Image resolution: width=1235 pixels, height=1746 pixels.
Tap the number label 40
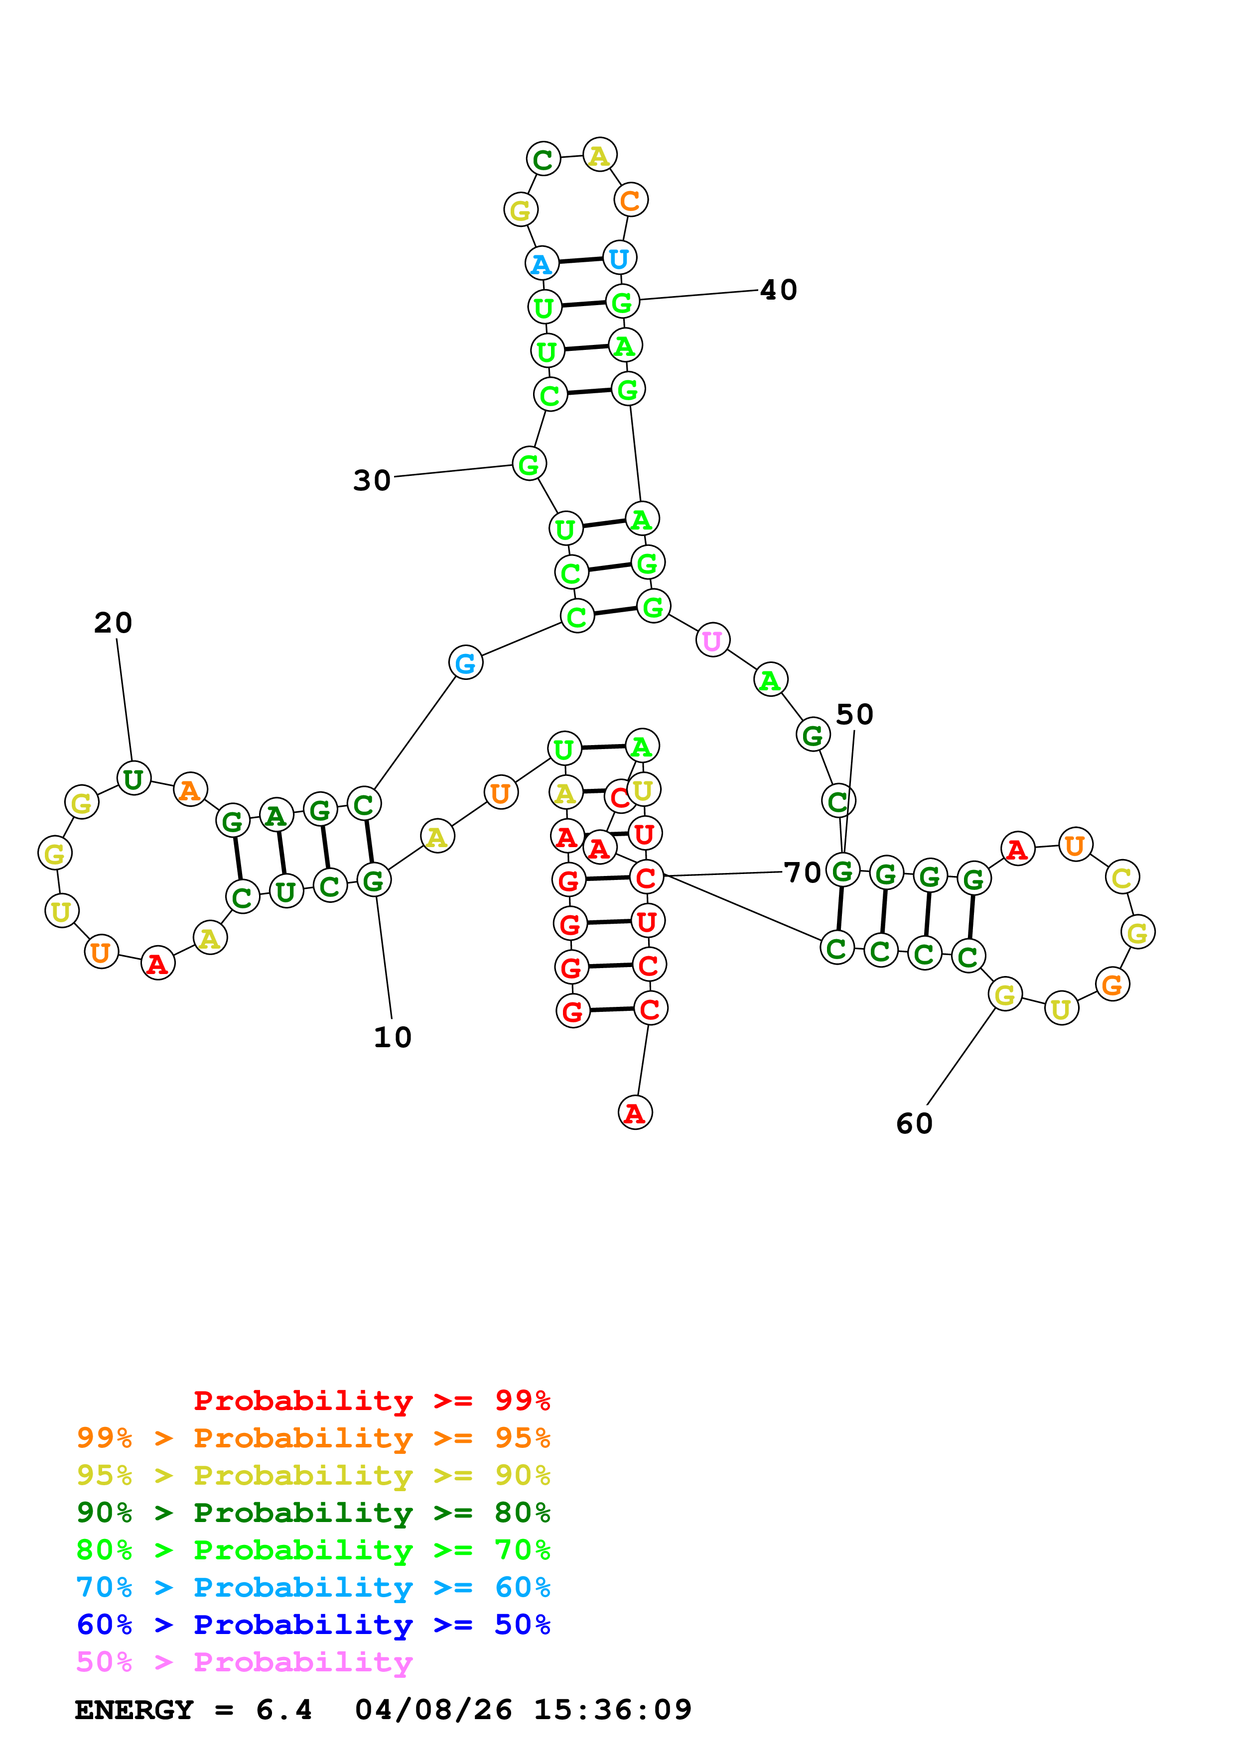click(779, 290)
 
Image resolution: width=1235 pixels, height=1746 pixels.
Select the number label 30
click(372, 481)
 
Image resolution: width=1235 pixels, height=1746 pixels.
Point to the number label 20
click(114, 623)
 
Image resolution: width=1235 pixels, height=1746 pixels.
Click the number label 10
click(393, 1037)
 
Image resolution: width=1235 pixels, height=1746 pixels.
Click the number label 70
click(802, 872)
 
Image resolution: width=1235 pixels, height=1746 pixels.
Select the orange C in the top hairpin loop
click(630, 201)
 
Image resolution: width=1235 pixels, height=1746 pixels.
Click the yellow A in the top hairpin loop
click(600, 156)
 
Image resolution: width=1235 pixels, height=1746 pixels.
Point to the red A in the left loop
click(157, 964)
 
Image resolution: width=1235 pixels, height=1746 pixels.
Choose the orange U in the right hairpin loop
click(1075, 845)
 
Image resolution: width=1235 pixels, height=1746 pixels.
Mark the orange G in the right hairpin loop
click(1112, 985)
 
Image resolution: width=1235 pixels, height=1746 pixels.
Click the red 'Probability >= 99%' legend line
click(371, 1400)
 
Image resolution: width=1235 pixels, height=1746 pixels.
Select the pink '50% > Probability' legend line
click(244, 1661)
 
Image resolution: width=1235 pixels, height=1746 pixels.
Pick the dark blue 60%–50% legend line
click(313, 1625)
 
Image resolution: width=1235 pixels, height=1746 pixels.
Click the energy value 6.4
click(283, 1710)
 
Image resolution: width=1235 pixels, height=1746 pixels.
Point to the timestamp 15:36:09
click(613, 1710)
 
